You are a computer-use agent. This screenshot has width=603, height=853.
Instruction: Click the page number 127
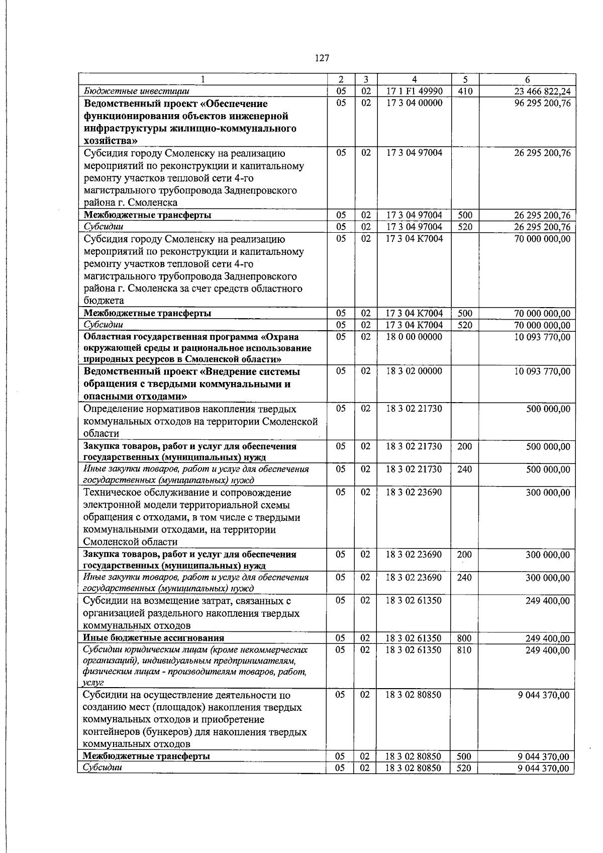[322, 58]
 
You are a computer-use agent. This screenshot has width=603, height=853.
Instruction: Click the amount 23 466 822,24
[542, 91]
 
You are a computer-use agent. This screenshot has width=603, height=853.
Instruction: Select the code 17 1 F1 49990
[414, 91]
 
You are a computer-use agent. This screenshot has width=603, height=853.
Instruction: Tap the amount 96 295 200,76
[542, 104]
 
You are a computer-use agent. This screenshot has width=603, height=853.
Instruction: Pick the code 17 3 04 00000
[414, 104]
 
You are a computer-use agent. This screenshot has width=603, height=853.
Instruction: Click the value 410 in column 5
[465, 91]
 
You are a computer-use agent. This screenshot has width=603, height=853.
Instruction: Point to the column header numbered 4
[414, 79]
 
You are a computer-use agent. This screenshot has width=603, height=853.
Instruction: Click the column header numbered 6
[527, 79]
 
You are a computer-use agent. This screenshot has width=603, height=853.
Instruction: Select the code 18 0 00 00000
[414, 337]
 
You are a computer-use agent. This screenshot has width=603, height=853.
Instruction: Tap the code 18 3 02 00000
[414, 371]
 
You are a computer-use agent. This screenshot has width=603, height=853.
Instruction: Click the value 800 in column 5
[465, 639]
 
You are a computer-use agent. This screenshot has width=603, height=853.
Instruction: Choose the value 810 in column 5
[465, 650]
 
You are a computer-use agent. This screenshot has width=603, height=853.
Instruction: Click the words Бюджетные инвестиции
[136, 91]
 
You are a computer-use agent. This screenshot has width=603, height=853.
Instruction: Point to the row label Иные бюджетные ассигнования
[153, 639]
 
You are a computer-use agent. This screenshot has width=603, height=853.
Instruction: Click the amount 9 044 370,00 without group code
[544, 695]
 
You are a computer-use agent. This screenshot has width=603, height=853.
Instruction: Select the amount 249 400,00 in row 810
[548, 650]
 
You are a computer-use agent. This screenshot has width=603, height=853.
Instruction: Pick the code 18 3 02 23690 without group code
[414, 493]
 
